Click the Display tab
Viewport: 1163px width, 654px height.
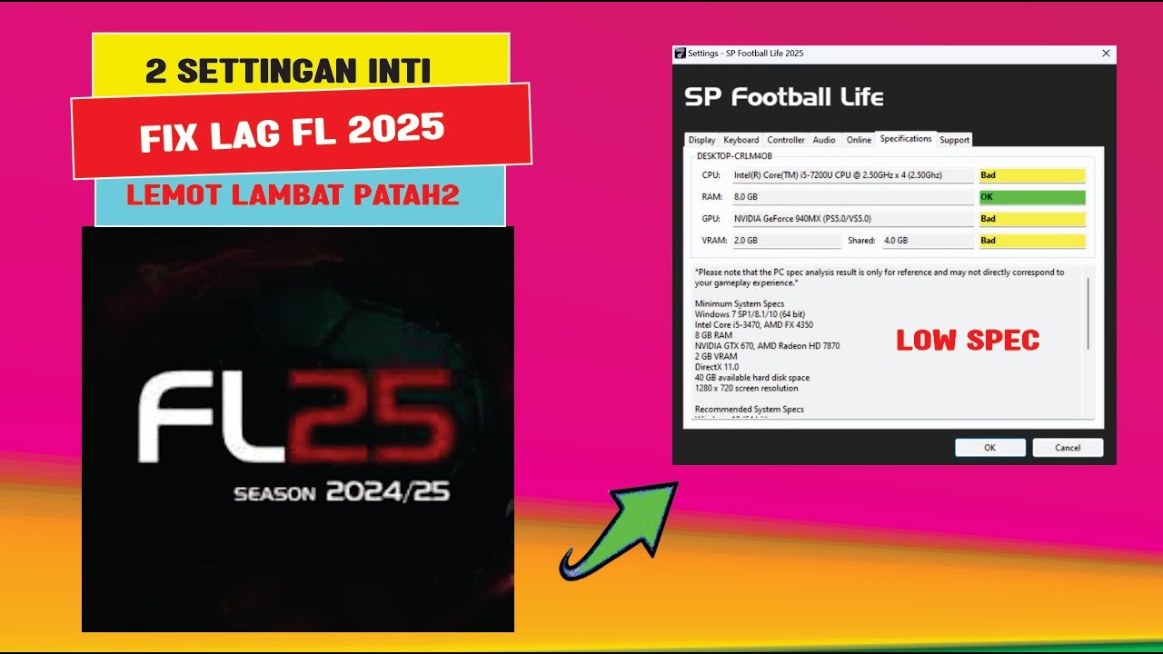[701, 140]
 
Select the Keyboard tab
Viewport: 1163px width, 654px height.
[741, 140]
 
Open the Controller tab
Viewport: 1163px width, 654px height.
[785, 140]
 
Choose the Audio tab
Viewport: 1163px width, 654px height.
[824, 140]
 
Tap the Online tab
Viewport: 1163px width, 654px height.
[859, 140]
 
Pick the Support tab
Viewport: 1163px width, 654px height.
[954, 140]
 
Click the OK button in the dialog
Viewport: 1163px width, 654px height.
[989, 447]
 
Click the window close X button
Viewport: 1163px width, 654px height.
[1106, 54]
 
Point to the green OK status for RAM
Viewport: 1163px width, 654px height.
[1032, 197]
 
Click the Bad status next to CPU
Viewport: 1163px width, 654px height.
[1032, 175]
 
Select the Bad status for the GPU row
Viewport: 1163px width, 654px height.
[1032, 219]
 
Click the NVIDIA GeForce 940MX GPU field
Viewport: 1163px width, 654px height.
[852, 219]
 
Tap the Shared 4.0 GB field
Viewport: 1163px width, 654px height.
[927, 241]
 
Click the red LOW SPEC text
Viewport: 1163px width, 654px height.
[968, 341]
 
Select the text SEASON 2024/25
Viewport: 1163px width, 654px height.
[342, 493]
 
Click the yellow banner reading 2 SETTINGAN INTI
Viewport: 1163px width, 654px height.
[288, 72]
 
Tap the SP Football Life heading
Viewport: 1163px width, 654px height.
[783, 97]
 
